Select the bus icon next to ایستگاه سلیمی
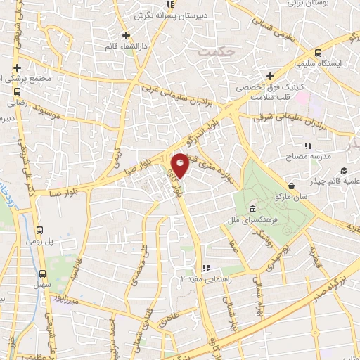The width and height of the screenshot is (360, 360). [x=318, y=53]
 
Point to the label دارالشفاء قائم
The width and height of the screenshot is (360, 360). [x=126, y=47]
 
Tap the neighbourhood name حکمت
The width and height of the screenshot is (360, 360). [x=214, y=52]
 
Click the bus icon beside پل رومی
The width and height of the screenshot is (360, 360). [x=40, y=230]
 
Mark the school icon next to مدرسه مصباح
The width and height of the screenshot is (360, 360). [x=308, y=146]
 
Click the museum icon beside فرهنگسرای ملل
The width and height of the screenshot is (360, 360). [x=252, y=210]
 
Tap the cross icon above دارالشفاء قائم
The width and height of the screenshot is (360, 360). [x=126, y=35]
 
